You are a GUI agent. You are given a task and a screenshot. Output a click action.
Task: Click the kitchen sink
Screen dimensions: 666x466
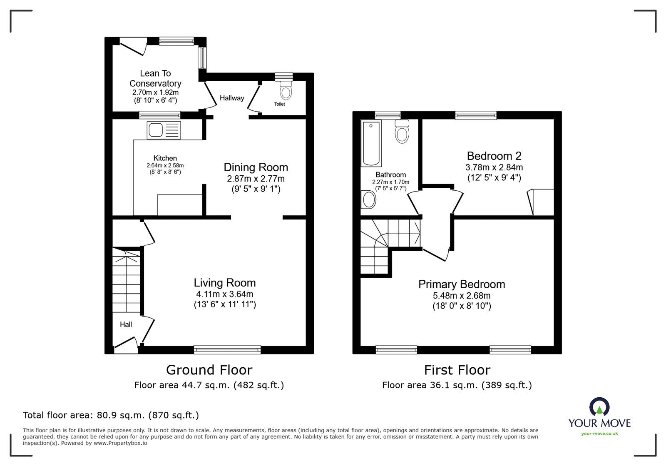click(x=164, y=130)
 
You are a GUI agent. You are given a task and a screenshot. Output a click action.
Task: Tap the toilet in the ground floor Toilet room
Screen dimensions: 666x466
click(x=286, y=90)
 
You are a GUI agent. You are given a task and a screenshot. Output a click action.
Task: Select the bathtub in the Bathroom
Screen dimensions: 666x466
click(x=371, y=143)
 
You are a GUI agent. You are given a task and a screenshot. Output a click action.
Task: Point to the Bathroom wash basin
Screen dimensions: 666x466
click(x=368, y=199)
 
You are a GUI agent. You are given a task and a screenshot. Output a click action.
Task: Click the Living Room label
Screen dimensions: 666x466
click(x=225, y=282)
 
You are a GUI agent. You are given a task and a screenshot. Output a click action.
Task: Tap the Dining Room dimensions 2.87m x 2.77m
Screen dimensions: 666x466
click(x=256, y=179)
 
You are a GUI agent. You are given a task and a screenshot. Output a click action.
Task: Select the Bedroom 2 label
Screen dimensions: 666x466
click(x=494, y=156)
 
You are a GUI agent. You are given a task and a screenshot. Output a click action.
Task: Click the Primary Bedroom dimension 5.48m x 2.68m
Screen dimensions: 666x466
click(x=462, y=296)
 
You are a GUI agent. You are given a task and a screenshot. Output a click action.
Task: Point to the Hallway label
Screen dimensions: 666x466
click(x=232, y=98)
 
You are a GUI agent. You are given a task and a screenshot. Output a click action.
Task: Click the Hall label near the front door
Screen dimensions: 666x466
click(x=126, y=324)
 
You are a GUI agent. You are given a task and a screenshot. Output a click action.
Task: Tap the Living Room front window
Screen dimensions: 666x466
click(x=227, y=350)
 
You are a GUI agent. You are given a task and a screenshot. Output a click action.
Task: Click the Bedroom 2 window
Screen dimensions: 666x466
click(x=476, y=115)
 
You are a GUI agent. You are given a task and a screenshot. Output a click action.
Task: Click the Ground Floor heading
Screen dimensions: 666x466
click(x=209, y=370)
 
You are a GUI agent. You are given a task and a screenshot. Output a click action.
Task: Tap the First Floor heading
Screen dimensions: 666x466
click(x=457, y=370)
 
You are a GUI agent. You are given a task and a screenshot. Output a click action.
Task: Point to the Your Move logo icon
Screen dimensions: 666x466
click(x=599, y=406)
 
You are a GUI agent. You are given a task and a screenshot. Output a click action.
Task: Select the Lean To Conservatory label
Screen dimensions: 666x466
click(x=155, y=78)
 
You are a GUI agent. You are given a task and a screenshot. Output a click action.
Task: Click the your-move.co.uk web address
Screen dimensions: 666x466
click(x=599, y=434)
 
